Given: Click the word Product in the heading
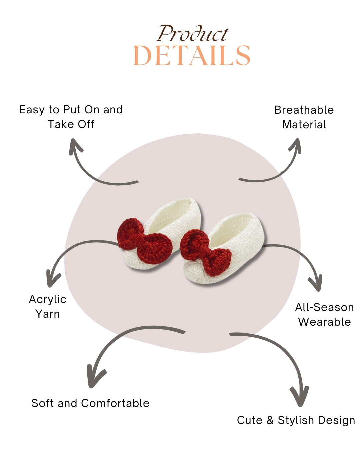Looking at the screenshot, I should (193, 34).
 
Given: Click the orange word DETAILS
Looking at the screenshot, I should (192, 56).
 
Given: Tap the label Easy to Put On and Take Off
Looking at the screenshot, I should (71, 117).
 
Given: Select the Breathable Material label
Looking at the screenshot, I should (304, 117).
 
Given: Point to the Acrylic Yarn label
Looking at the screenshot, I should (48, 306).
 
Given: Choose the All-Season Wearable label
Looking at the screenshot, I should (324, 314).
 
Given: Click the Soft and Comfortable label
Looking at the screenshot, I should (90, 403).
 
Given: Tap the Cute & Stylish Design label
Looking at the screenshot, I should (296, 420).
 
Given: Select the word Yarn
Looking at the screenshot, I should (48, 314).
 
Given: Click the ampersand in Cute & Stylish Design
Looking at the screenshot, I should (270, 420).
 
